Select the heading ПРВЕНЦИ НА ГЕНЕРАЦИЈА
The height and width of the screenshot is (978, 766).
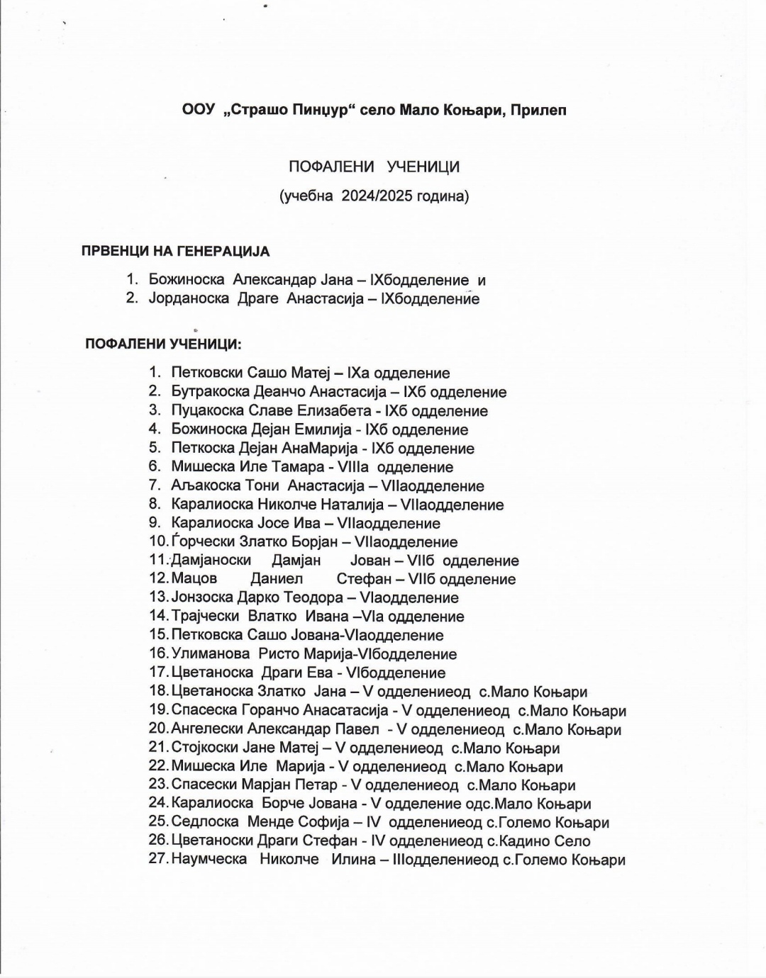point(175,252)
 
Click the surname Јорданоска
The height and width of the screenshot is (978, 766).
point(189,298)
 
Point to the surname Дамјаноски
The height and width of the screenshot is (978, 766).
point(211,561)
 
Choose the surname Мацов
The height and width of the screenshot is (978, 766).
point(194,579)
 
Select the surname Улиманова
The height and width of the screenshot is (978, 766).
point(211,654)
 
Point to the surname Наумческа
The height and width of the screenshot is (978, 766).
point(209,860)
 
